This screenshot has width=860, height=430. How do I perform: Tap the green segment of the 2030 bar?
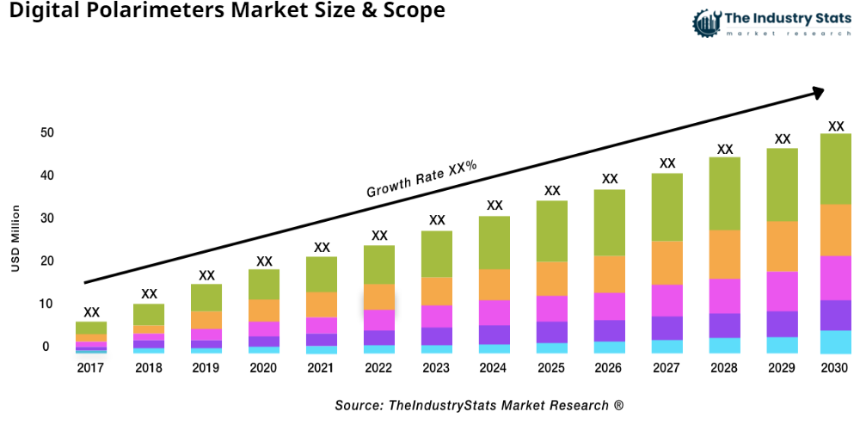click(x=835, y=169)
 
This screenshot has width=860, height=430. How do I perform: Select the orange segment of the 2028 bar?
click(x=724, y=255)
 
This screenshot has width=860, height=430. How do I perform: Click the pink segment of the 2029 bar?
click(x=782, y=291)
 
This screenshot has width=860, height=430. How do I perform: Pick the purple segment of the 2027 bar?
click(x=666, y=328)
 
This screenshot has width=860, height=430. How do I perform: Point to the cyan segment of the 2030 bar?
click(x=835, y=341)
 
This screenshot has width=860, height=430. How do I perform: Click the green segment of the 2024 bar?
click(x=494, y=243)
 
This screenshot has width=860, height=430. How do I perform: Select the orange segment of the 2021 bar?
click(x=322, y=304)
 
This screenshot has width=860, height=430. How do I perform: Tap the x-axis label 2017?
click(x=90, y=368)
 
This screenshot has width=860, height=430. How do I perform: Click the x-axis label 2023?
click(x=436, y=368)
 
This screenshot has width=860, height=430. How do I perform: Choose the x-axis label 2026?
click(x=609, y=368)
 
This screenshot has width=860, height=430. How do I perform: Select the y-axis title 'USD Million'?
click(x=15, y=238)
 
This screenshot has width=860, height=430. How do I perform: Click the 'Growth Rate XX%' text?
click(x=421, y=179)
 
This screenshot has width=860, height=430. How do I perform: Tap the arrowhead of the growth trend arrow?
click(x=818, y=90)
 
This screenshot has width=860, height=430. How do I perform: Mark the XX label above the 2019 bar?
click(x=206, y=275)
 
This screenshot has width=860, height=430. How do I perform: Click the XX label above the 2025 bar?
click(x=551, y=191)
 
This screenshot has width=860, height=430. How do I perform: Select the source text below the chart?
click(x=479, y=405)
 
